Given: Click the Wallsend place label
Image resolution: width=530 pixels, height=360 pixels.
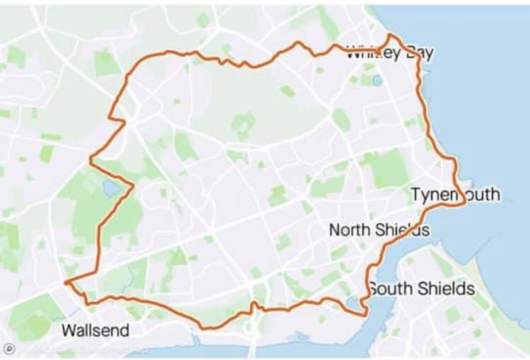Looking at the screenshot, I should [x=95, y=330].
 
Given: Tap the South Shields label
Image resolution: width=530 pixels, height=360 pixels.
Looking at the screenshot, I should [x=421, y=289].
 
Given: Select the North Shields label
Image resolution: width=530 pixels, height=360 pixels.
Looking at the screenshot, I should [x=379, y=230].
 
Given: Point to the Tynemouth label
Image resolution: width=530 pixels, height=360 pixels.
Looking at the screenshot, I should [x=455, y=194].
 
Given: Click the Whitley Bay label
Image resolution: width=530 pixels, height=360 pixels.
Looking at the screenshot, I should [x=390, y=52].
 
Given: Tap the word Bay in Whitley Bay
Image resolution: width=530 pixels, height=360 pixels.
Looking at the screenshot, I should [x=418, y=52].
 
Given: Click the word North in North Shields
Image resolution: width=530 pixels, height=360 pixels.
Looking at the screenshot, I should [x=350, y=230].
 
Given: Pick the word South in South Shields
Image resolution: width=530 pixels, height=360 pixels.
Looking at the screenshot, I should [x=391, y=289].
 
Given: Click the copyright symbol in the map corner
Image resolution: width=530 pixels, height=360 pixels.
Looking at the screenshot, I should [x=9, y=349].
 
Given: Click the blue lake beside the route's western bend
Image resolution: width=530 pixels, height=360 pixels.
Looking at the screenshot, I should [x=110, y=187].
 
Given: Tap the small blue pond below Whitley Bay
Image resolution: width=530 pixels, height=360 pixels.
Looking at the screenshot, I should [x=377, y=80].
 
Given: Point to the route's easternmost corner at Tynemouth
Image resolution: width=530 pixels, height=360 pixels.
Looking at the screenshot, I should [x=464, y=202].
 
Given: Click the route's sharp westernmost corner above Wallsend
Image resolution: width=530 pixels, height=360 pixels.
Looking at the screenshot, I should [x=66, y=283].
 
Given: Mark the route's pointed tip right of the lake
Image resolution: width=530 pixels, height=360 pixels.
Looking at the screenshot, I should [x=133, y=186].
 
